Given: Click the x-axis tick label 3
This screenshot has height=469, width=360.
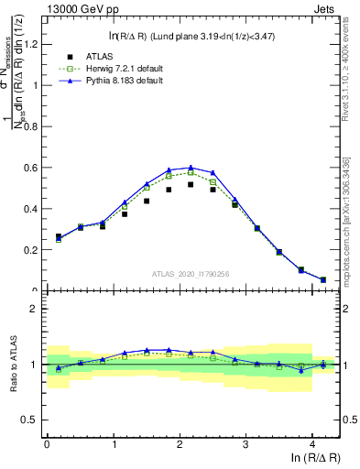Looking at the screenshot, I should coord(245,446).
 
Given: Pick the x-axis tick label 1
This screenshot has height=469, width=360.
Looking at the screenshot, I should coord(113,446).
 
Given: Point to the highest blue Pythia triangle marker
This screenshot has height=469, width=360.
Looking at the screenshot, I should coord(191,168).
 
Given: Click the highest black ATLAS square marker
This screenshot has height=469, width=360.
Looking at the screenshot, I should coord(191,184).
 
